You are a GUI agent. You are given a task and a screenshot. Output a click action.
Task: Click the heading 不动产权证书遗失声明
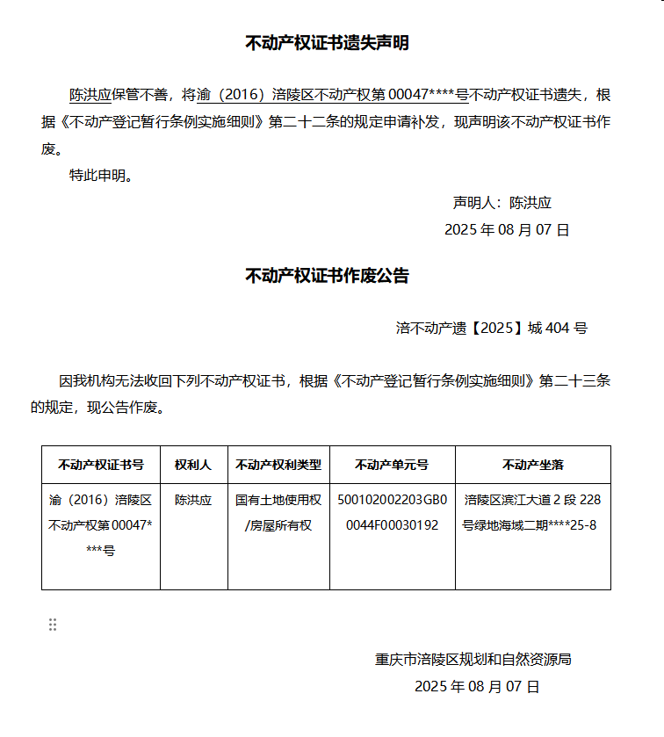pos(327,43)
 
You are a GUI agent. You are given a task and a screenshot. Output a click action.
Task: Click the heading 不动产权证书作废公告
pos(327,276)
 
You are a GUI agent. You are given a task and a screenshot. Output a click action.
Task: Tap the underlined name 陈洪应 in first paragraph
pos(90,95)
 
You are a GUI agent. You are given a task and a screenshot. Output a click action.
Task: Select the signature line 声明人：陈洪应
pos(502,203)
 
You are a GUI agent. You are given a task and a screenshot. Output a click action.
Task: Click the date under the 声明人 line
pos(507,230)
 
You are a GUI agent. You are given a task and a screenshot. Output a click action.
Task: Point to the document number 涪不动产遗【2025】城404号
pos(491,329)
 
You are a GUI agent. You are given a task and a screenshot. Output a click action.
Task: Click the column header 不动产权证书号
pos(101,465)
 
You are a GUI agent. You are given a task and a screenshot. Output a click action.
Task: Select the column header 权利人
pos(193,465)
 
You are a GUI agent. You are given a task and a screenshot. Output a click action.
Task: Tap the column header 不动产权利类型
pos(278,465)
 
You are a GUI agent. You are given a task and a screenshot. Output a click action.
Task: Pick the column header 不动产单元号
pos(392,465)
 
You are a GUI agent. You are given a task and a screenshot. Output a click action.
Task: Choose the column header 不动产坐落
pos(532,465)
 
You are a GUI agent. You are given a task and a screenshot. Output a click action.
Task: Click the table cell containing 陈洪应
pos(193,500)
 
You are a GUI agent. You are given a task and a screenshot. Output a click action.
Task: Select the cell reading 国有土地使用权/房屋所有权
pos(278,512)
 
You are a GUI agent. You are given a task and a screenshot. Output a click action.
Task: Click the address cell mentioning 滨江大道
pos(532,512)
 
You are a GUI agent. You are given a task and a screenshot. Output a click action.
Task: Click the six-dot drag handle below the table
pos(53,625)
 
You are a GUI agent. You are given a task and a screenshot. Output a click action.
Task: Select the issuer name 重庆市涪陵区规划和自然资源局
pos(473,659)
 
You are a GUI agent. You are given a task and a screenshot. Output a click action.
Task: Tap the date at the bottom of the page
pos(477,686)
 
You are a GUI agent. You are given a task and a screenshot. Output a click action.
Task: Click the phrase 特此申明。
pos(101,176)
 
